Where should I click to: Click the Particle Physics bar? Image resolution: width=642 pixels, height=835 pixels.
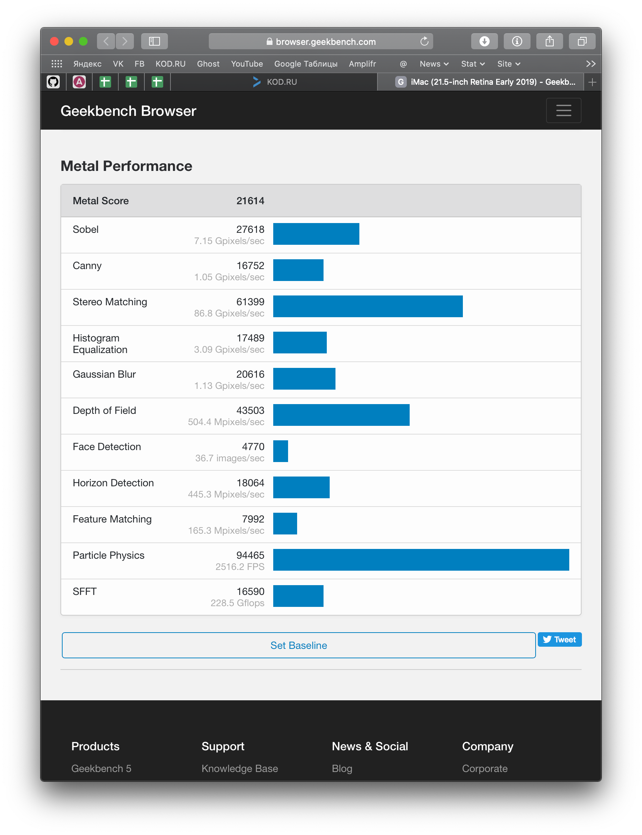pos(421,560)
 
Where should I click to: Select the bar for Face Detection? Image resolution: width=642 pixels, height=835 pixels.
pos(280,451)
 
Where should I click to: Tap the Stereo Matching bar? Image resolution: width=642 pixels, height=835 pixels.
pos(368,306)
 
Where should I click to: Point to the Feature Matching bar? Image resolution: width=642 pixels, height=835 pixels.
pos(285,523)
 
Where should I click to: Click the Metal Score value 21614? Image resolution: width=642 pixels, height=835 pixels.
pos(250,201)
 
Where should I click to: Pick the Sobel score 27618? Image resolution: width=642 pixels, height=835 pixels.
pos(250,230)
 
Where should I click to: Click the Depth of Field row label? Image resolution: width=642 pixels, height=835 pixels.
pos(104,410)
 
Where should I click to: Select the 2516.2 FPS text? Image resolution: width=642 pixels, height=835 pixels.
pos(240,567)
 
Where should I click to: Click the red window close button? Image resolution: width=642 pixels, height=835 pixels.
pos(54,41)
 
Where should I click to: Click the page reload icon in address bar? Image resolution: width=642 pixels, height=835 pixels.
pos(424,41)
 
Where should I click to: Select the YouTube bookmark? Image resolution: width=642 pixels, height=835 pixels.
pos(246,64)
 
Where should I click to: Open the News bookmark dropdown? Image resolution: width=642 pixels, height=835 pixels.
pos(434,64)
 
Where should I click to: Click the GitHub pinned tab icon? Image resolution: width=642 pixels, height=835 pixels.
pos(53,82)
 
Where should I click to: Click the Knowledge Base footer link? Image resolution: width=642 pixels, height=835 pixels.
pos(240,768)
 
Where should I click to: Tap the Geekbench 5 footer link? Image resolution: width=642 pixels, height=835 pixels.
pos(101,768)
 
